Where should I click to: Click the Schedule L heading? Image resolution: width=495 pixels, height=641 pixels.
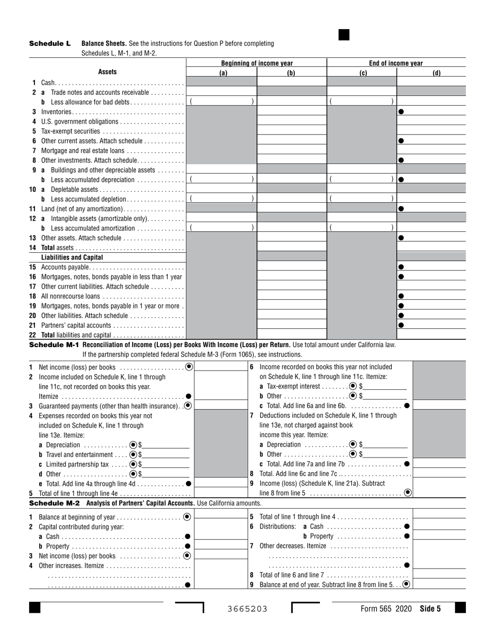tap(49, 43)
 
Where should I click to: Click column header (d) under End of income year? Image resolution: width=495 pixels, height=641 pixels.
tap(437, 73)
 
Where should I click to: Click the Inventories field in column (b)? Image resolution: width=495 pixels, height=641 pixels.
tap(292, 112)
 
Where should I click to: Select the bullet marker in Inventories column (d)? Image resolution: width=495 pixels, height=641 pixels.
tap(401, 112)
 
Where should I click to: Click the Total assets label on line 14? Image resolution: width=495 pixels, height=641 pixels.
tap(57, 248)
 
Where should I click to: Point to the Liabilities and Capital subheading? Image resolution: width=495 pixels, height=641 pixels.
tap(72, 257)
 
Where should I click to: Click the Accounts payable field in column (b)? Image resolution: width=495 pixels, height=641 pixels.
tap(292, 267)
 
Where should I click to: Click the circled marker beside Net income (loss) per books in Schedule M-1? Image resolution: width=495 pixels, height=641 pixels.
tap(189, 366)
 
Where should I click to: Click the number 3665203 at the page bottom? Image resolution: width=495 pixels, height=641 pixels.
tap(247, 609)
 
